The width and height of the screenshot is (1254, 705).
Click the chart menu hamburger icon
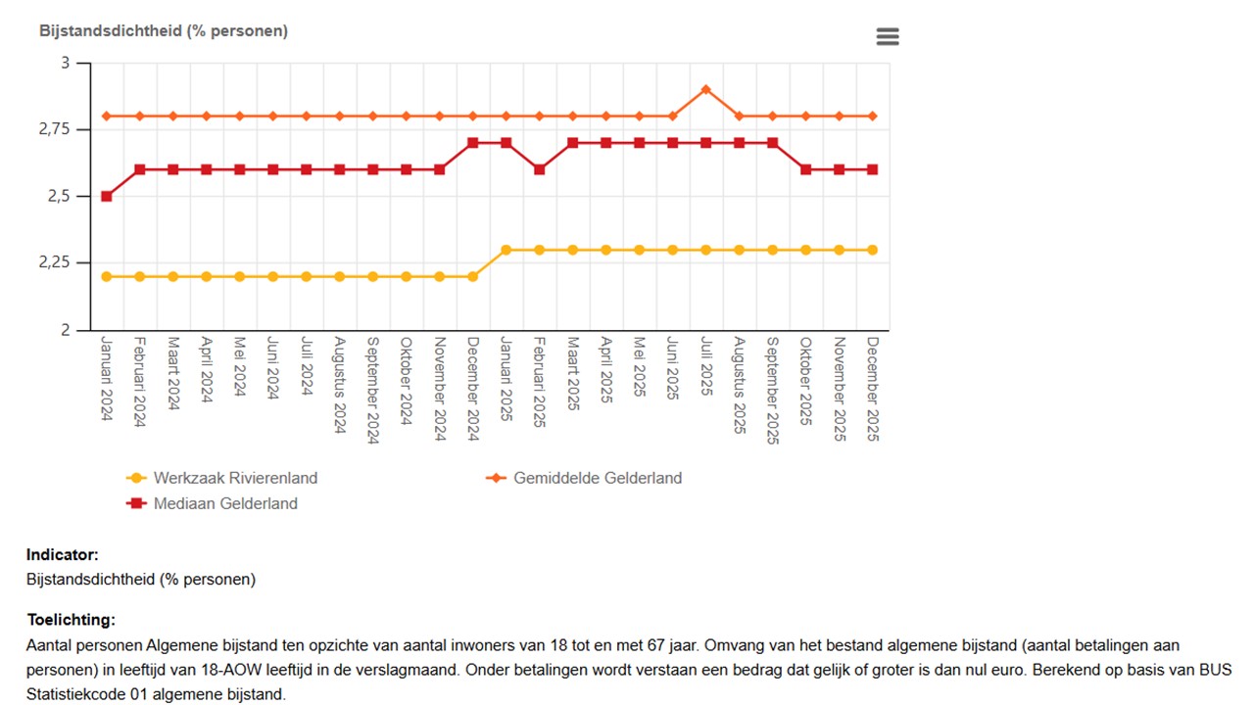pos(887,36)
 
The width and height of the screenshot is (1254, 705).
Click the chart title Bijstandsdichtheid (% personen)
pos(164,30)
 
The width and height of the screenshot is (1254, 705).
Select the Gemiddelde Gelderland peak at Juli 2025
pos(705,89)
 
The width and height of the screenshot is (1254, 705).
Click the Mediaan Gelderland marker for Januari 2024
pos(107,196)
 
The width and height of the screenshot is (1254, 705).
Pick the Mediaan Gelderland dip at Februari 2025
pos(539,169)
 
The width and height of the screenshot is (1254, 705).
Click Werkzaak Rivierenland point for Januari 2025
pos(506,250)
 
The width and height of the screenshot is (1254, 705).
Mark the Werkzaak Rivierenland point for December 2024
pos(472,276)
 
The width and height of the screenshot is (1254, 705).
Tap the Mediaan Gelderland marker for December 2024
pos(472,143)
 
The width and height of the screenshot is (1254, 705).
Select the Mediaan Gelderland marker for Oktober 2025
pos(805,169)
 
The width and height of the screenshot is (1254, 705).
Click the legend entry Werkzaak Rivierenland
pos(235,478)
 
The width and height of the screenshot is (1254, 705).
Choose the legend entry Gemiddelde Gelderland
pos(597,478)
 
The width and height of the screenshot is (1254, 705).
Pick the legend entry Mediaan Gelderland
pos(225,503)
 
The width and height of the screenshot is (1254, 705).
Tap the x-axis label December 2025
pos(873,389)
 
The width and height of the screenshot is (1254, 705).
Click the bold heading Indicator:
pos(63,555)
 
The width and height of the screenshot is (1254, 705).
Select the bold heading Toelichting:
pos(71,620)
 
